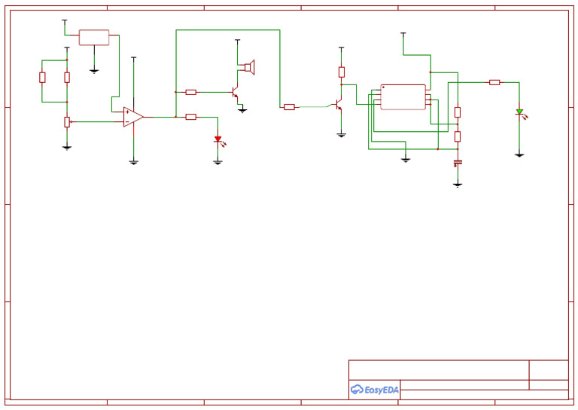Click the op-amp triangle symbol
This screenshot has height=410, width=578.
click(x=133, y=117)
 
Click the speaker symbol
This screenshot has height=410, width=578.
click(x=249, y=68)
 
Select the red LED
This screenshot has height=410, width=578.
click(x=218, y=139)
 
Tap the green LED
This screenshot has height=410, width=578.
click(x=519, y=112)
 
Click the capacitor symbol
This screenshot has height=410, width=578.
click(x=458, y=162)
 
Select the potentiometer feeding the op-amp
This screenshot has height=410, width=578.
click(x=67, y=122)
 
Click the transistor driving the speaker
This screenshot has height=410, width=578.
click(x=236, y=93)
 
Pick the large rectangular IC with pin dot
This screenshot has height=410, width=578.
click(x=403, y=97)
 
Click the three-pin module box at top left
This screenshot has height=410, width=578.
click(x=94, y=38)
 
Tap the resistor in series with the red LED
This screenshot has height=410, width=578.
click(x=191, y=117)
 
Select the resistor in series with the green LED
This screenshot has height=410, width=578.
click(x=494, y=82)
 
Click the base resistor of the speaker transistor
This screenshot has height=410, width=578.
click(x=191, y=92)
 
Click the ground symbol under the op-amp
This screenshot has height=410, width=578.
click(x=133, y=162)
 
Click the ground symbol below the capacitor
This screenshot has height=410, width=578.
click(x=458, y=185)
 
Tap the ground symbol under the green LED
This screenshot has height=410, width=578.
click(x=519, y=155)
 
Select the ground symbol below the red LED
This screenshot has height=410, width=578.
click(x=218, y=162)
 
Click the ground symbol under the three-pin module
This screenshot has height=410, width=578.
click(x=94, y=72)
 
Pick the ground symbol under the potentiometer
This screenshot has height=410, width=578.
click(x=67, y=148)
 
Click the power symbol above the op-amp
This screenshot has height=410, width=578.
click(x=133, y=57)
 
